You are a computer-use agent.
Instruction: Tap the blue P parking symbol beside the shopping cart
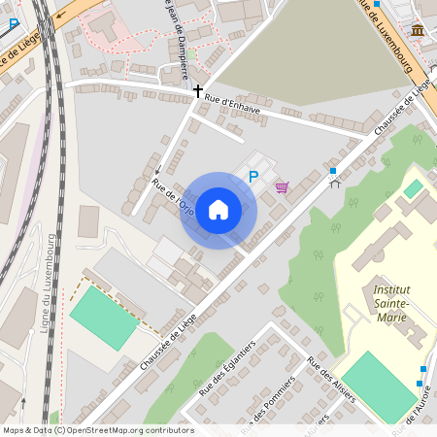pos(253,177)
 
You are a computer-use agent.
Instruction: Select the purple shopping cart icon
pos(282,186)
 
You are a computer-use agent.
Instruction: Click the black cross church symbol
pos(198,91)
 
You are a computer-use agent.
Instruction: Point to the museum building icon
pos(417,31)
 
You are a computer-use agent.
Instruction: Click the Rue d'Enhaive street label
pos(232,104)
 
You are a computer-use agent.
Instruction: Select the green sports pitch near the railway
pos(104,318)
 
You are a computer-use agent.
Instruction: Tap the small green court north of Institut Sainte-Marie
pos(415,187)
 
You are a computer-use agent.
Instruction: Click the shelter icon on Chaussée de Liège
pos(335,184)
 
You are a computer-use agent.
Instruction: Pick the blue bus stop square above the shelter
pos(333,171)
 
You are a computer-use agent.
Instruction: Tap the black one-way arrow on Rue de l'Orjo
pos(156,182)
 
